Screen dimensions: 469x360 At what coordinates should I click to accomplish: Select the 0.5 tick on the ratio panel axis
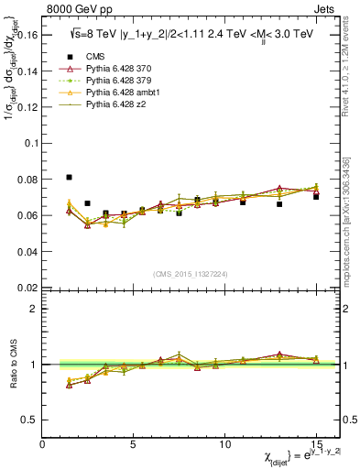click(x=29, y=420)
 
